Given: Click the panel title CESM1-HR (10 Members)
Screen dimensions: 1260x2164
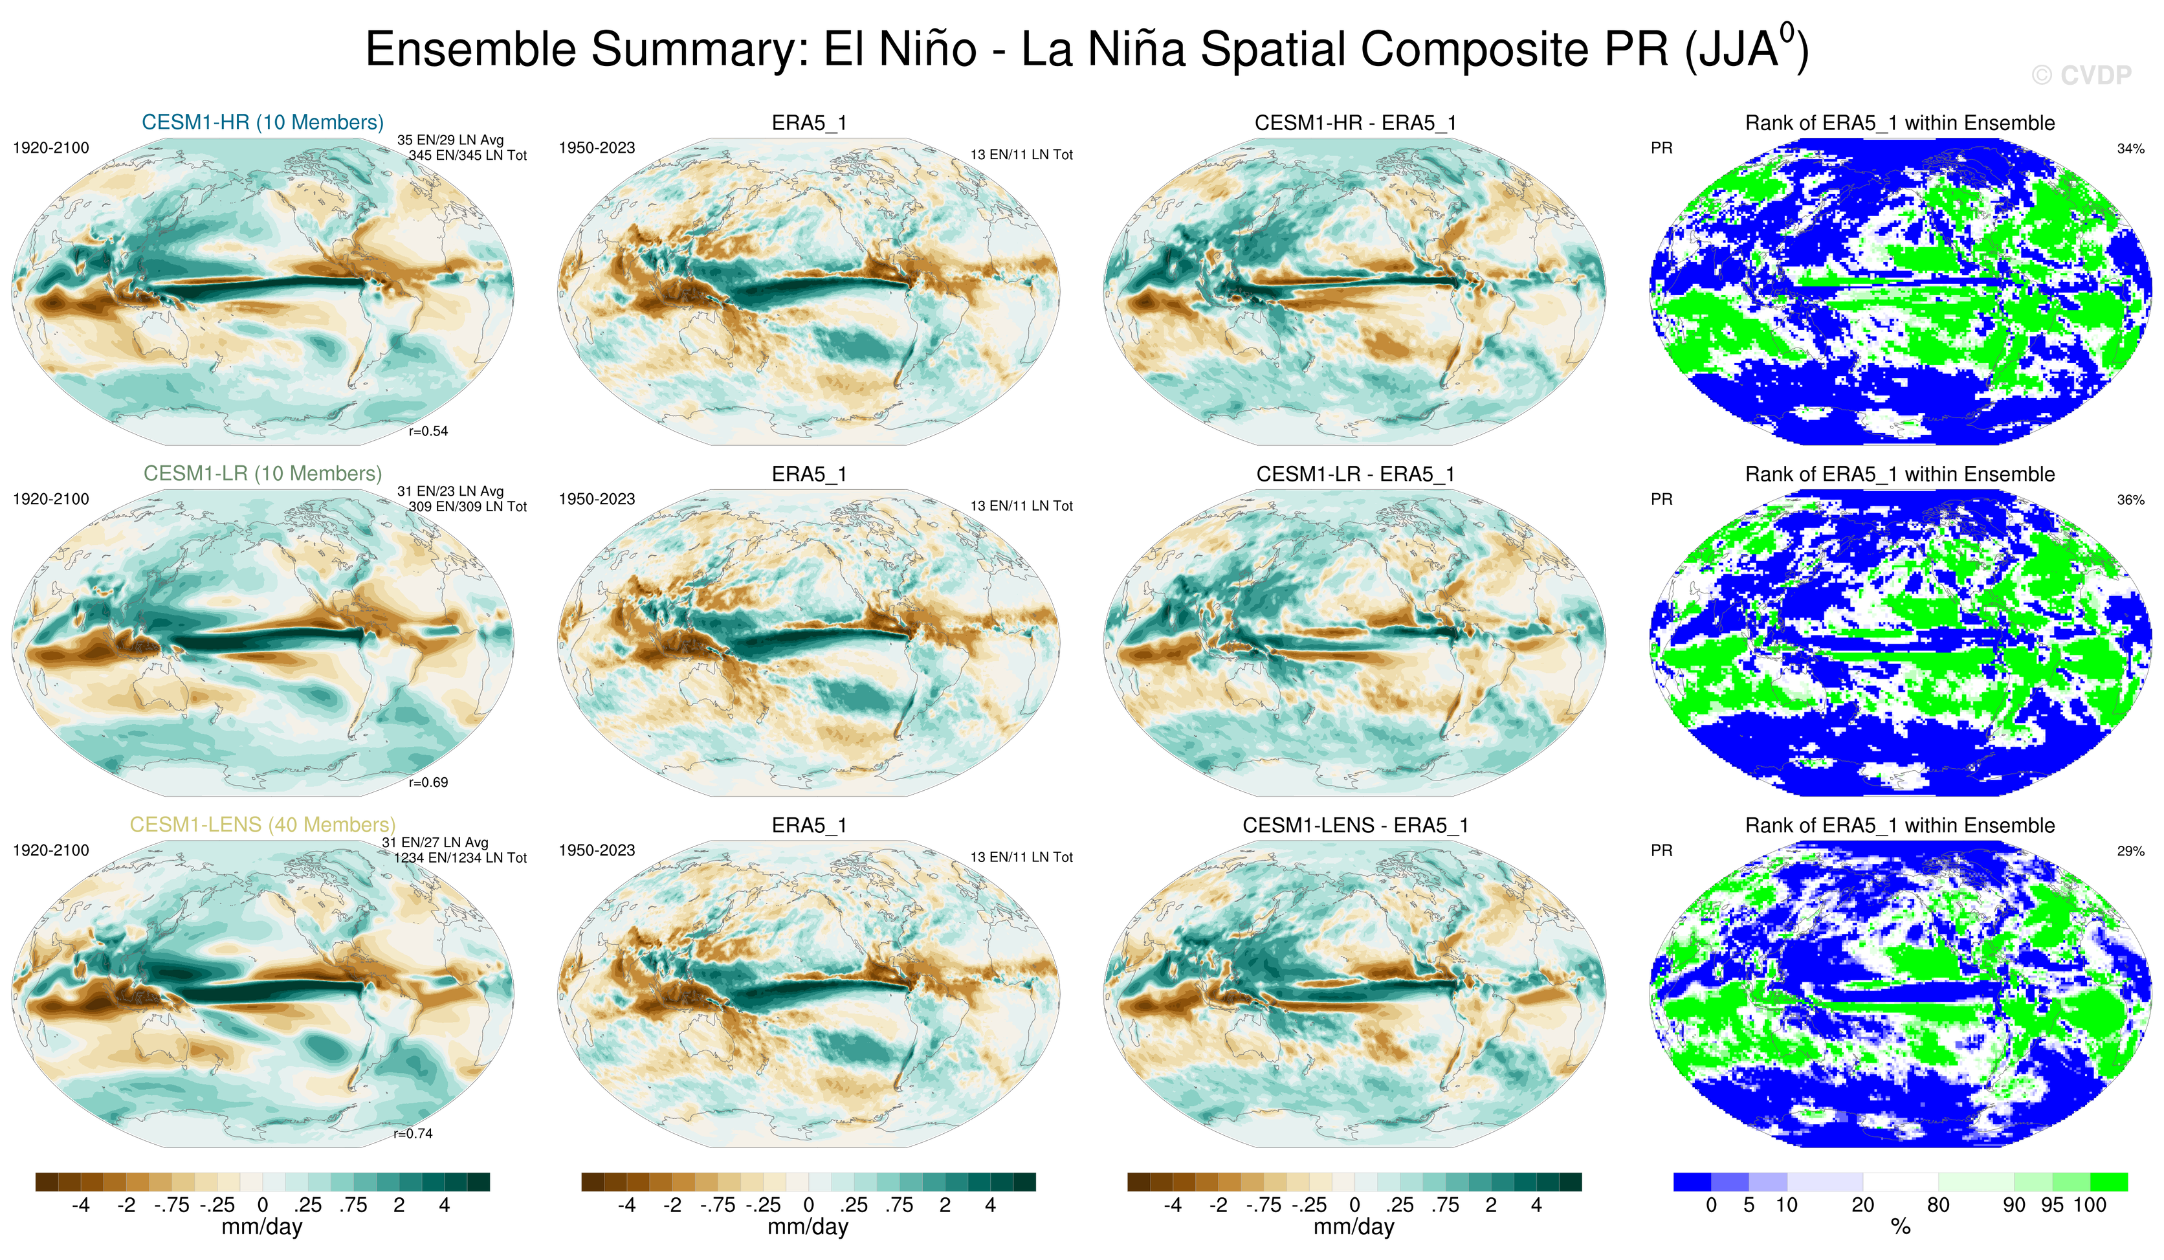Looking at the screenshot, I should point(262,122).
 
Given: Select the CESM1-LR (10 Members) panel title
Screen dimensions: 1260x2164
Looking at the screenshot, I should point(262,473).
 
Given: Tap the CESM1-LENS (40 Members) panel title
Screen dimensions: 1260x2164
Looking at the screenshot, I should point(262,824).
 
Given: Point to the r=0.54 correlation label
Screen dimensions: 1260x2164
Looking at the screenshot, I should point(428,431).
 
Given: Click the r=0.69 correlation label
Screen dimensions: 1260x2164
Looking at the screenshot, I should point(428,782).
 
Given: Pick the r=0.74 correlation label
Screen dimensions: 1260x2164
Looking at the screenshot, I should point(412,1134).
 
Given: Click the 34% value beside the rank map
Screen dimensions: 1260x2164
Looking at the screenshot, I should point(2130,149).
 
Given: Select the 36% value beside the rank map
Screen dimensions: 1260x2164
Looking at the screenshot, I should point(2130,500).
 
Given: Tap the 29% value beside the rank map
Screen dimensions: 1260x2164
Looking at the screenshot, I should point(2130,851).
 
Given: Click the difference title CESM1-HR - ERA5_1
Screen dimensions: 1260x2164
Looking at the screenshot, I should point(1355,123).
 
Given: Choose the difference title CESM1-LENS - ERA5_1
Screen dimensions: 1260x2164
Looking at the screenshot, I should point(1355,825).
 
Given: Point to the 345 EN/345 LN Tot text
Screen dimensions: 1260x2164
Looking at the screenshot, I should point(467,155).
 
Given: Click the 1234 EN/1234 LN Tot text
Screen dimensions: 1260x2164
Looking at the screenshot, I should point(460,858).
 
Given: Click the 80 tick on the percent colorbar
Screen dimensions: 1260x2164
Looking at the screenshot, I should point(1938,1205).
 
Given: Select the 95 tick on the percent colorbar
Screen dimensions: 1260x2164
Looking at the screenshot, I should point(2052,1205).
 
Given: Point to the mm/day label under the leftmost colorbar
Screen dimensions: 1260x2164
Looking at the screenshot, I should point(262,1226).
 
